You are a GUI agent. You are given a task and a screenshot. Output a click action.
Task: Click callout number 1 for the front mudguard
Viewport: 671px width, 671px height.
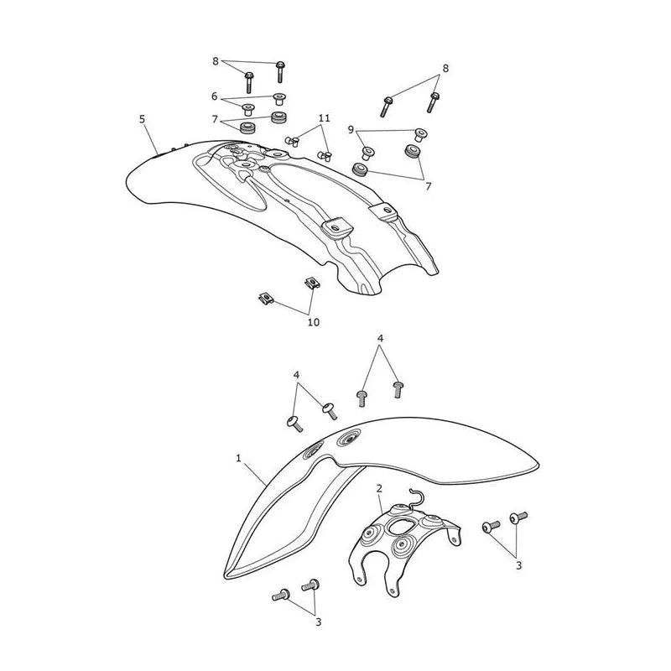[238, 458]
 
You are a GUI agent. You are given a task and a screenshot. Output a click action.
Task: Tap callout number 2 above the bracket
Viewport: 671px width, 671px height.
[379, 488]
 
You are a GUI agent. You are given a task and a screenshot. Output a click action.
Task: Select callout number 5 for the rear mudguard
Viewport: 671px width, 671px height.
[142, 119]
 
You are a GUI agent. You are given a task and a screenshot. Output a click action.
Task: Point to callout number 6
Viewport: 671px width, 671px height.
[215, 96]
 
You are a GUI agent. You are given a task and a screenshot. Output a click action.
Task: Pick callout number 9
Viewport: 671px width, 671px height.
[351, 129]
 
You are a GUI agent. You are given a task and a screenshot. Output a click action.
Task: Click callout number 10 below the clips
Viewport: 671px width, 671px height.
[313, 322]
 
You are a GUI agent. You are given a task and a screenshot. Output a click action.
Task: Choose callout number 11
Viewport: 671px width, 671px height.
[325, 117]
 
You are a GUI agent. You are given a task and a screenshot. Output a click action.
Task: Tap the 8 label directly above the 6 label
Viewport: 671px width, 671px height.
[216, 61]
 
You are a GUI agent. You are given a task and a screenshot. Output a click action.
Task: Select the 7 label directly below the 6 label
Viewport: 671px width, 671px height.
[215, 119]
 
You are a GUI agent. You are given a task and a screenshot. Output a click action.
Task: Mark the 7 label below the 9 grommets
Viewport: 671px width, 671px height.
[428, 186]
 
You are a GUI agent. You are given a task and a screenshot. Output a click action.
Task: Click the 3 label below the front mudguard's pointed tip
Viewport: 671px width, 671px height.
[318, 622]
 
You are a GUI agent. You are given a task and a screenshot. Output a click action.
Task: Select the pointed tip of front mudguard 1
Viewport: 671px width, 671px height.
[226, 575]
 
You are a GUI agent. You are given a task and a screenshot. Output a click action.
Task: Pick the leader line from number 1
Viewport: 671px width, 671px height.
[254, 474]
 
